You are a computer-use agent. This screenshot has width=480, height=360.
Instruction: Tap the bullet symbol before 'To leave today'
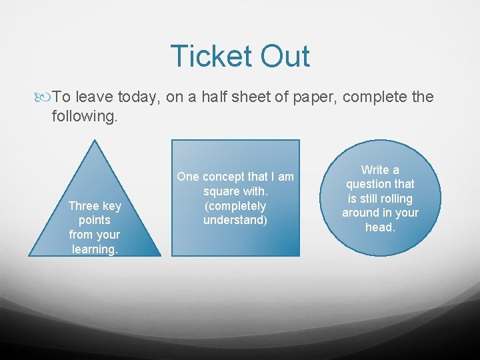click(45, 97)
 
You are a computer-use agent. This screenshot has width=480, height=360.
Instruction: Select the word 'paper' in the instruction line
click(313, 97)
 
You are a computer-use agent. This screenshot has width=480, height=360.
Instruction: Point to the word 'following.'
click(85, 117)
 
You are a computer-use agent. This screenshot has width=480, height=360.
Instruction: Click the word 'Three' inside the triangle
click(85, 206)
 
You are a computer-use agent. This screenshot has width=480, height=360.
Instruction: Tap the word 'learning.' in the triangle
click(95, 249)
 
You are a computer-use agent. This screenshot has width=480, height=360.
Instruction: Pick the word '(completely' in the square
click(235, 206)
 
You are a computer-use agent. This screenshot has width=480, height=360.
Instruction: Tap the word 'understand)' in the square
click(235, 220)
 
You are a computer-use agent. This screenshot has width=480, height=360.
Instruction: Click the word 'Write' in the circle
click(375, 169)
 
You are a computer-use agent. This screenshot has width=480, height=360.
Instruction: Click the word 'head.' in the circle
click(381, 227)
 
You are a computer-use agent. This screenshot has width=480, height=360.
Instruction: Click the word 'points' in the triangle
click(95, 220)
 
